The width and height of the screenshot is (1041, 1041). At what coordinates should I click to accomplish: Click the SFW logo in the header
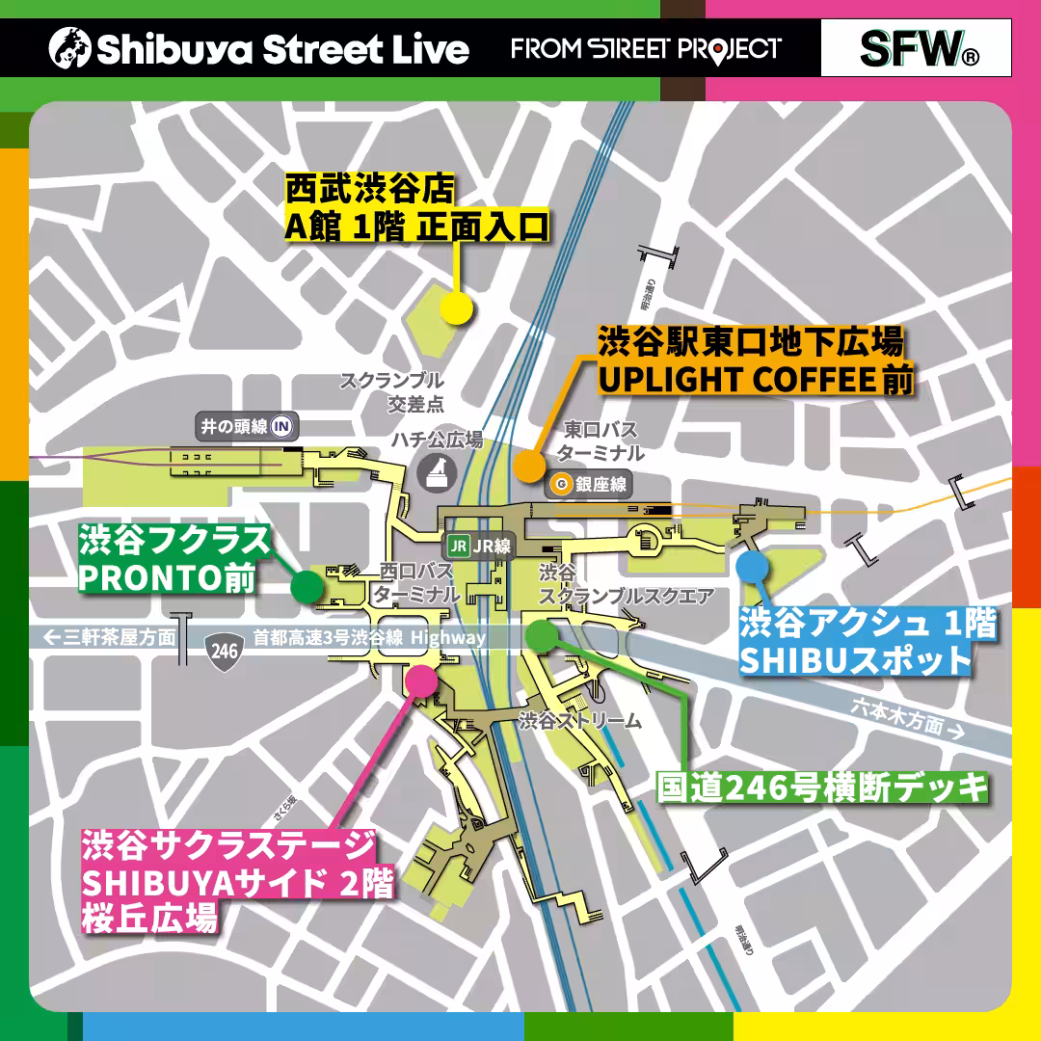pyautogui.click(x=917, y=48)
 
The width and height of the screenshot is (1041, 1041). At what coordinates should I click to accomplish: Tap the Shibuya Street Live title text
pyautogui.click(x=260, y=48)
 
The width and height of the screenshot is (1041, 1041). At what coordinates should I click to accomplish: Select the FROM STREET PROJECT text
pyautogui.click(x=646, y=48)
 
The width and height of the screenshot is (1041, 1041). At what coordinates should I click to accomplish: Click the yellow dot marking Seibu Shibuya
pyautogui.click(x=456, y=307)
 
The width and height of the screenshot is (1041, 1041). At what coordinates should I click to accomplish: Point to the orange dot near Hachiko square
pyautogui.click(x=528, y=465)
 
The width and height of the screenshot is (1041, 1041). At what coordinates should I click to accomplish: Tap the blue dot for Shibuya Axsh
pyautogui.click(x=752, y=566)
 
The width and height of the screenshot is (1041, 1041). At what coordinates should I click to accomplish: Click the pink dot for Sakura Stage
pyautogui.click(x=421, y=680)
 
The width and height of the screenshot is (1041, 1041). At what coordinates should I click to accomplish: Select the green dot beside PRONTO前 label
pyautogui.click(x=307, y=585)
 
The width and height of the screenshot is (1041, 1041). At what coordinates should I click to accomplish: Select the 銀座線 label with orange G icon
pyautogui.click(x=589, y=485)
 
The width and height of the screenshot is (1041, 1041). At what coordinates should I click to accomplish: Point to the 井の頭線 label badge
pyautogui.click(x=245, y=427)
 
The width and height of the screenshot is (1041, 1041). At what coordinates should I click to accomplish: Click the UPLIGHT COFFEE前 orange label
pyautogui.click(x=755, y=380)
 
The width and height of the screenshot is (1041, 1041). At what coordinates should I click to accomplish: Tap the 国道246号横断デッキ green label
pyautogui.click(x=823, y=787)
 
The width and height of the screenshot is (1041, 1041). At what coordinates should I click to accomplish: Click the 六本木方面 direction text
pyautogui.click(x=906, y=718)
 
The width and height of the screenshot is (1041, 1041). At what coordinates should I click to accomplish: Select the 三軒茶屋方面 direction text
pyautogui.click(x=110, y=637)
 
